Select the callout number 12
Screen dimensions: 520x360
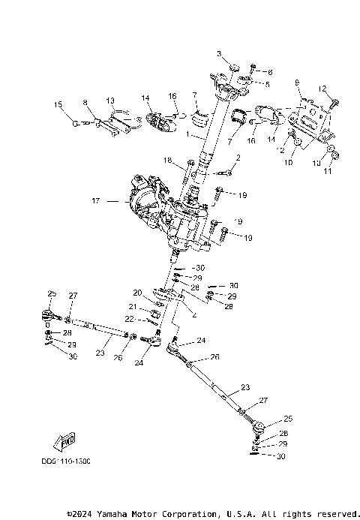323,89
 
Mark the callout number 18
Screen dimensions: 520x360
168,160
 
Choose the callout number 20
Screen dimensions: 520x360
137,293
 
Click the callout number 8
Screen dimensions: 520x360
85,101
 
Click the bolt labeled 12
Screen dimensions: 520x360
334,101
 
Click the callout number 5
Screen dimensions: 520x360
267,84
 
